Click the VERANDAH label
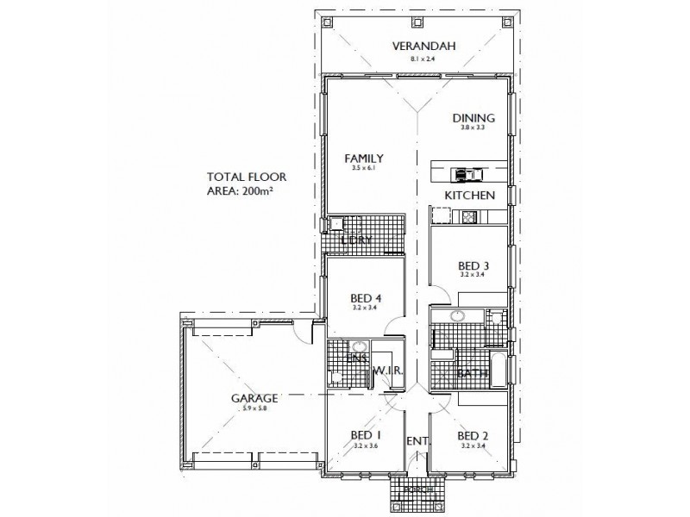tap(423, 47)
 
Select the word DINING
tap(474, 118)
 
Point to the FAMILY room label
tap(363, 159)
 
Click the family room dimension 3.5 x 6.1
tap(363, 170)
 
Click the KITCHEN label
tap(469, 196)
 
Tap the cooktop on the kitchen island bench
tap(465, 173)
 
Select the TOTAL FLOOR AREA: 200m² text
tap(246, 184)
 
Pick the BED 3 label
tap(474, 267)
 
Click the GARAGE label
tap(254, 399)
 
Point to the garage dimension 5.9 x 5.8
tap(254, 410)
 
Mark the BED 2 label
tap(474, 436)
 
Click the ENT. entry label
tap(417, 441)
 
